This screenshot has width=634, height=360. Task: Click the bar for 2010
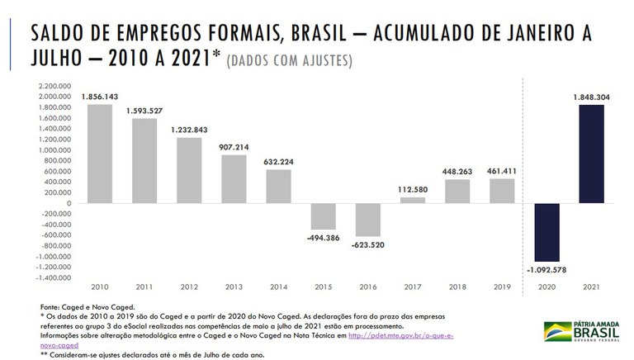coord(99,154)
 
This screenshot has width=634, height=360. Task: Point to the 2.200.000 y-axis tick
coord(52,86)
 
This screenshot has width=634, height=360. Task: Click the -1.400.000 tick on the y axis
coord(51,278)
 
